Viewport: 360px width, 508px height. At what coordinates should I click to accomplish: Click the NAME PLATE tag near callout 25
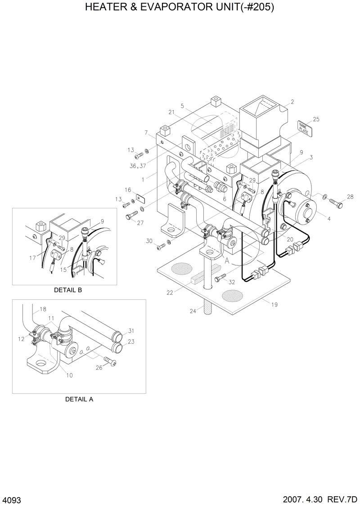(303, 128)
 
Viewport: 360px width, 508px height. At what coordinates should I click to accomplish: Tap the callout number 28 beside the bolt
(350, 197)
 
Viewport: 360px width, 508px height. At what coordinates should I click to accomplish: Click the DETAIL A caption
(79, 399)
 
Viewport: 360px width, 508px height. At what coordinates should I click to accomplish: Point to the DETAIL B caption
(68, 290)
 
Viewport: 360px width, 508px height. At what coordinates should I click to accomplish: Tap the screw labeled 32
(219, 279)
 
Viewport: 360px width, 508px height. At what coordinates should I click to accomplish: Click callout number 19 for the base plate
(274, 305)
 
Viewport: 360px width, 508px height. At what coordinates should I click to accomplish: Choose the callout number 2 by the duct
(292, 102)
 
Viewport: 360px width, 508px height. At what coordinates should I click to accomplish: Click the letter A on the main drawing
(227, 260)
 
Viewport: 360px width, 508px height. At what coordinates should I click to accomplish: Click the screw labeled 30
(161, 246)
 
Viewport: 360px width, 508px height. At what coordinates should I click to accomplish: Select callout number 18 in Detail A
(43, 309)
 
